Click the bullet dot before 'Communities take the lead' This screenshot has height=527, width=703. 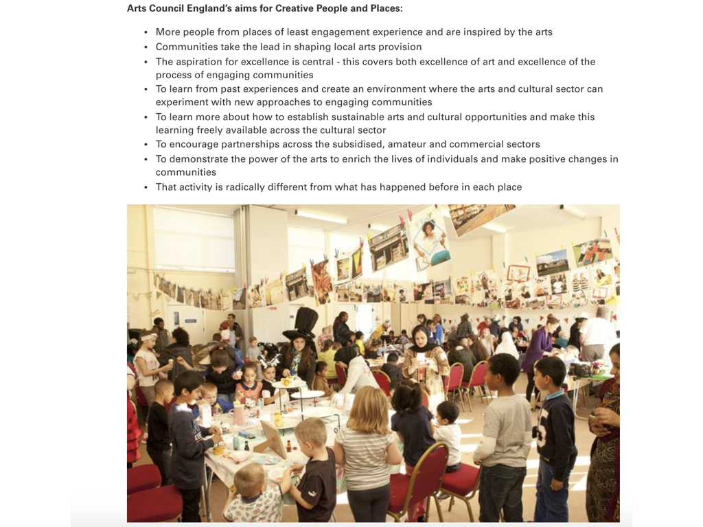pyautogui.click(x=146, y=47)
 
